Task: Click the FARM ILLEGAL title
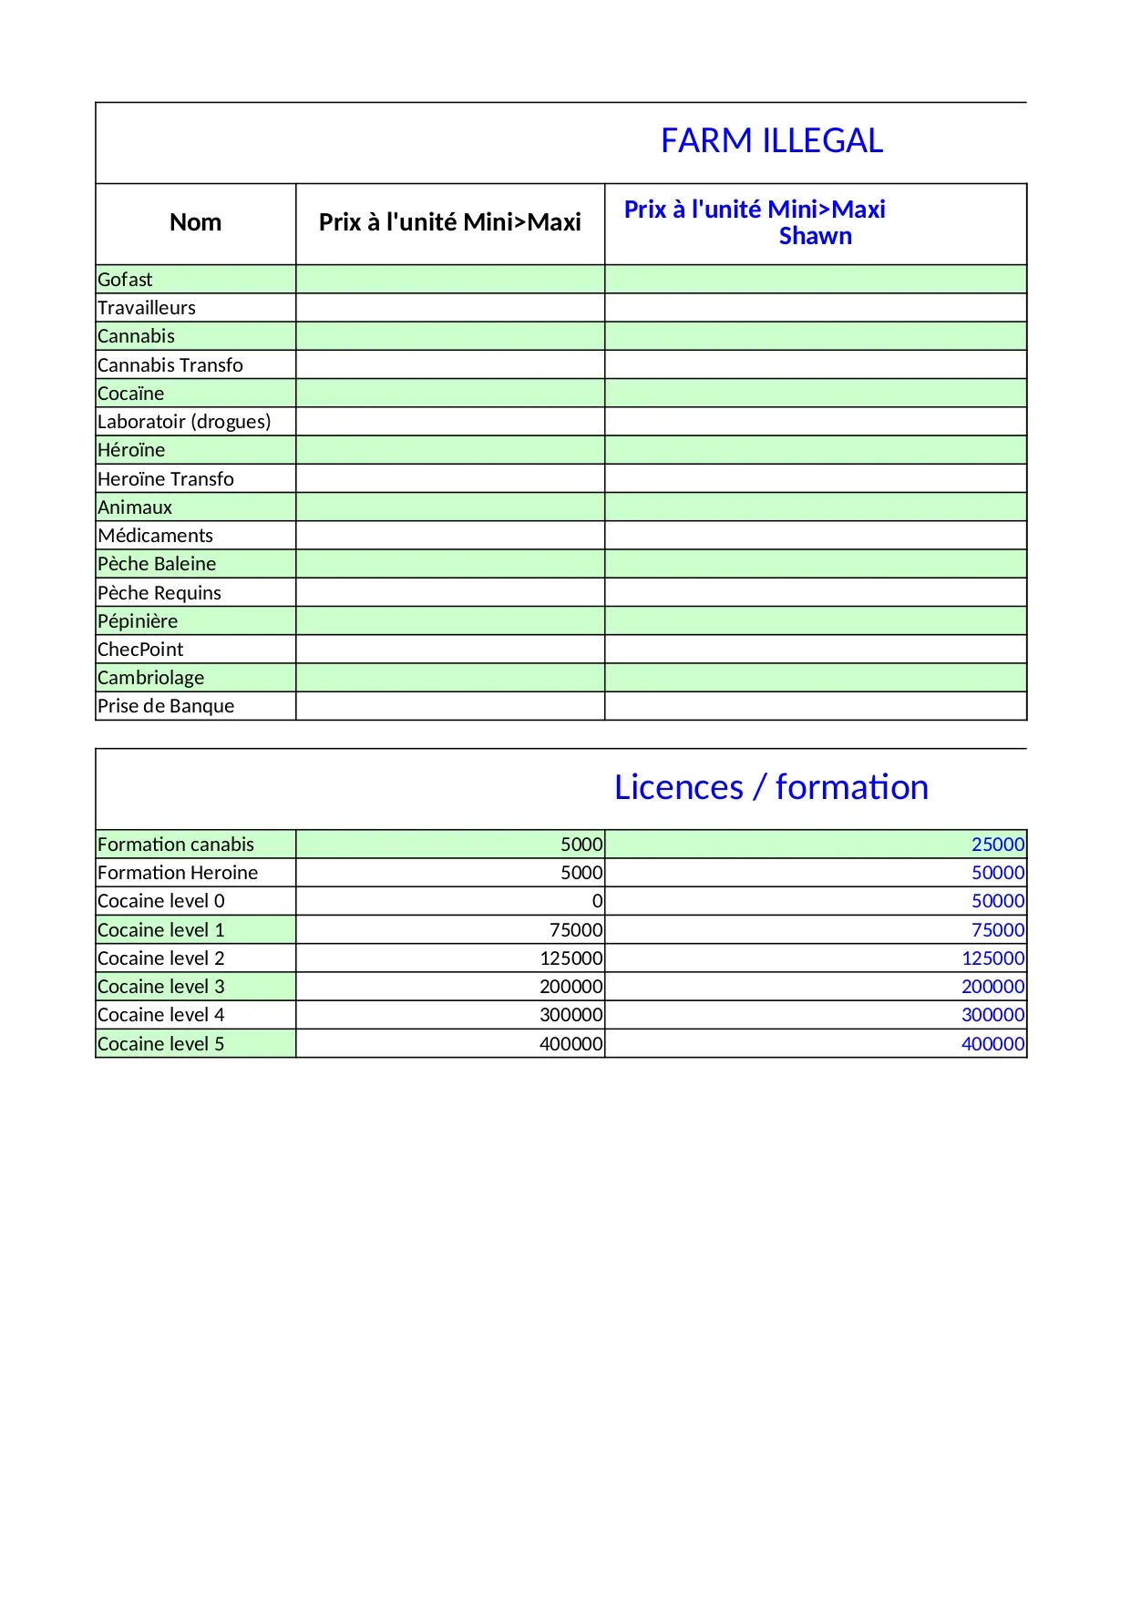[771, 141]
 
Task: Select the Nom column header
[195, 222]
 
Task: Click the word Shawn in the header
[815, 236]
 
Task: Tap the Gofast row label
[125, 280]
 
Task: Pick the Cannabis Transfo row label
[170, 365]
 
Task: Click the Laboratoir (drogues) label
[184, 422]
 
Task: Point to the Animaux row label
[135, 507]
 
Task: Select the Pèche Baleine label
[157, 564]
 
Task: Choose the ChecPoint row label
[140, 650]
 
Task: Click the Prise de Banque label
[166, 706]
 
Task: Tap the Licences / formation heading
[771, 787]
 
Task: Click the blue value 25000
[998, 845]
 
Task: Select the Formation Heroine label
[178, 873]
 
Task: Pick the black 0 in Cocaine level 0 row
[597, 901]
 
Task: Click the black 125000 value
[571, 958]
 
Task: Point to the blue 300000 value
[992, 1015]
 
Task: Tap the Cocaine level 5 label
[160, 1044]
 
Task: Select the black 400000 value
[571, 1044]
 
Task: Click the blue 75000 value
[998, 930]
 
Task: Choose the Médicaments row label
[155, 536]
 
